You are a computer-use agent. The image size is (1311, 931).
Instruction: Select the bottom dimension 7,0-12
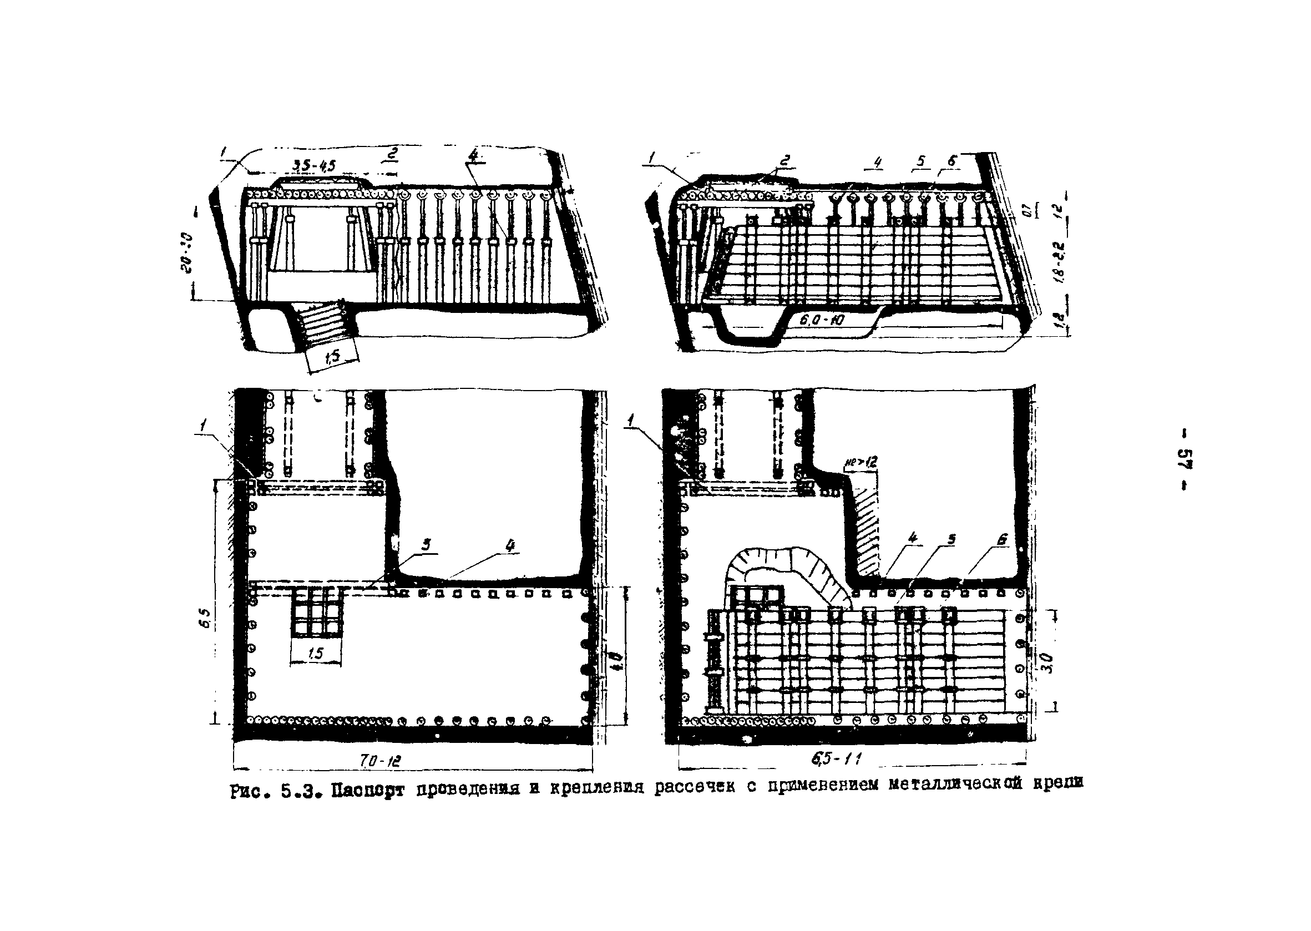(x=381, y=761)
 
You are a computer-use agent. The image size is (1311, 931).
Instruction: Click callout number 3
(x=426, y=545)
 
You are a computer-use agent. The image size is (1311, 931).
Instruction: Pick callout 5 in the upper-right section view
(x=921, y=161)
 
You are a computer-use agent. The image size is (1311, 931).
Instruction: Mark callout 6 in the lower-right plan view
(x=1001, y=539)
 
